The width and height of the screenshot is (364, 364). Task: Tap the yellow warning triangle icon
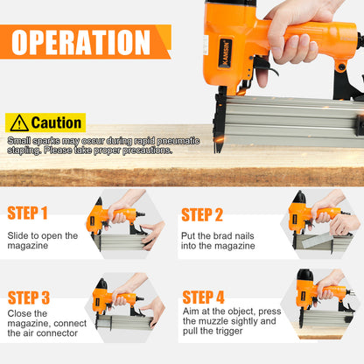17,123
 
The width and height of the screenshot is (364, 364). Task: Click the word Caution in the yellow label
56,123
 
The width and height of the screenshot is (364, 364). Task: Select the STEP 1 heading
27,213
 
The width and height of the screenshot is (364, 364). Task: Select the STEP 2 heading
202,214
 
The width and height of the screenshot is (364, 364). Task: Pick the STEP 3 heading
28,297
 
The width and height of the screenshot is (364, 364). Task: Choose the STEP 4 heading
203,297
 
